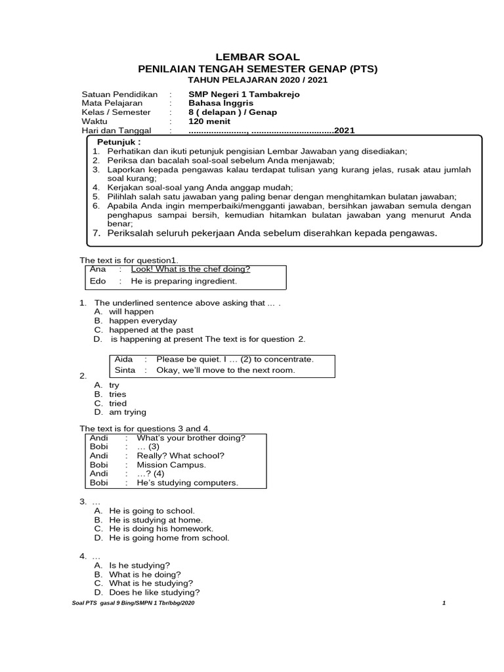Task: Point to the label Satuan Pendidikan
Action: (x=119, y=94)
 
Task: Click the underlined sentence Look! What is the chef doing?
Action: (x=190, y=268)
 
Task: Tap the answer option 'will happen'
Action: (x=131, y=312)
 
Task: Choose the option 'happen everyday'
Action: (x=143, y=321)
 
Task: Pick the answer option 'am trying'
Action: (x=128, y=412)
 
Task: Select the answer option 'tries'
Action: (x=117, y=394)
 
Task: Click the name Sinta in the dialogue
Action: (x=125, y=370)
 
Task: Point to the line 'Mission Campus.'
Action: (x=171, y=465)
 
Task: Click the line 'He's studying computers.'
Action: (x=187, y=483)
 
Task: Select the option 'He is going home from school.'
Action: (x=169, y=537)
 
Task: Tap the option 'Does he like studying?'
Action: (x=155, y=592)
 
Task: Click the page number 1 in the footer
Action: (x=444, y=602)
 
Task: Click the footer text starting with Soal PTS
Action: (x=132, y=602)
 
